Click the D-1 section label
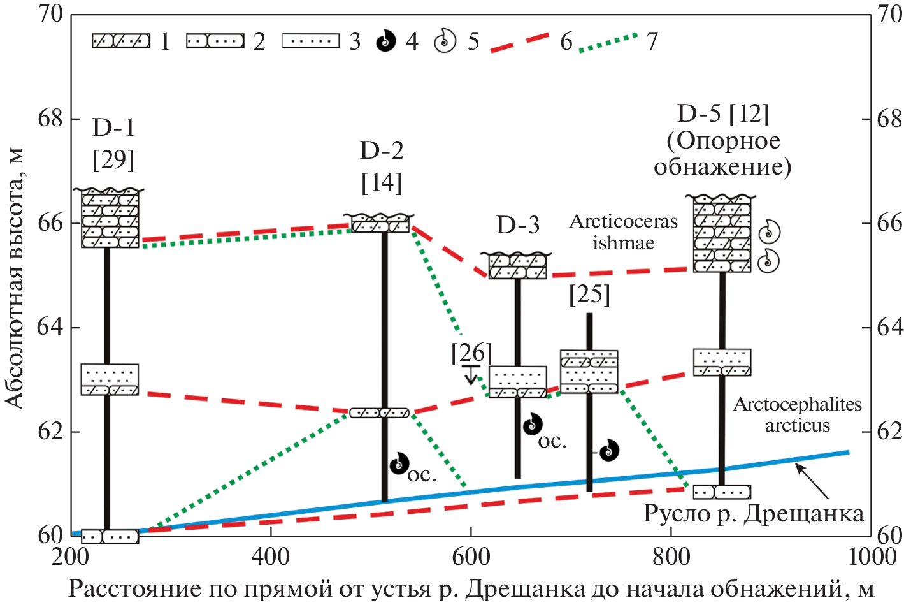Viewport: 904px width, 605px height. [x=113, y=128]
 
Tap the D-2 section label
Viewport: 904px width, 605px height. [x=382, y=150]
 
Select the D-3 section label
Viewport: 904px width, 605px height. [x=517, y=225]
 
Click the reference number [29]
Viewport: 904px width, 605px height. [x=113, y=159]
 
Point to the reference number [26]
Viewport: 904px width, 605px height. [x=471, y=353]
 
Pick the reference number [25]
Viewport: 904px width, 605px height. [x=589, y=294]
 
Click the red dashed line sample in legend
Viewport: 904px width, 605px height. [x=519, y=42]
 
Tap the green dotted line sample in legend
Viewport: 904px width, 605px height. [x=608, y=42]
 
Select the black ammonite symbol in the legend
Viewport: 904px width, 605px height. [x=385, y=41]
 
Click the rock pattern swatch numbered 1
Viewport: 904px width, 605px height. [x=121, y=41]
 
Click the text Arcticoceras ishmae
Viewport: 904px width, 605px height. [x=623, y=232]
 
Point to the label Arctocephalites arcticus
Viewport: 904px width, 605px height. [x=797, y=414]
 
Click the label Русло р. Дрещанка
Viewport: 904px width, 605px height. [x=753, y=513]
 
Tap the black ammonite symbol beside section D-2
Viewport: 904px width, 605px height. [x=399, y=463]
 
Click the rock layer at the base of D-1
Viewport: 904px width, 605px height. [x=110, y=536]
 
